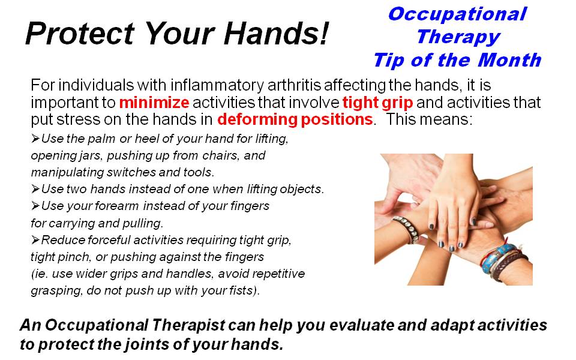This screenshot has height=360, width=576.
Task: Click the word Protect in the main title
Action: coord(80,34)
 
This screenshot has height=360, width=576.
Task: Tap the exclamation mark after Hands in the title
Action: coord(323,33)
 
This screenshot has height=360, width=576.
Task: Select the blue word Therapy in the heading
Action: coord(458,38)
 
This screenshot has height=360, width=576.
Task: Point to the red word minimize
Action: coord(154,103)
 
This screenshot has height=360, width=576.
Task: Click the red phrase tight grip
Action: coord(377,103)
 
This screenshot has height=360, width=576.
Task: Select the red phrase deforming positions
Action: coord(295,120)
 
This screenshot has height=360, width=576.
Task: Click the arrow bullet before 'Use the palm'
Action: coord(35,139)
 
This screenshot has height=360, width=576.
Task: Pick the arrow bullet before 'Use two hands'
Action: coord(35,189)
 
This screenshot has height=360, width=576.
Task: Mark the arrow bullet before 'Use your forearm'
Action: coord(35,206)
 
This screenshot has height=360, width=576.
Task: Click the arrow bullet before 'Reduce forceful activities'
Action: coord(35,240)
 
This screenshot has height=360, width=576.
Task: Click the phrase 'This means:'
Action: coord(430,120)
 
